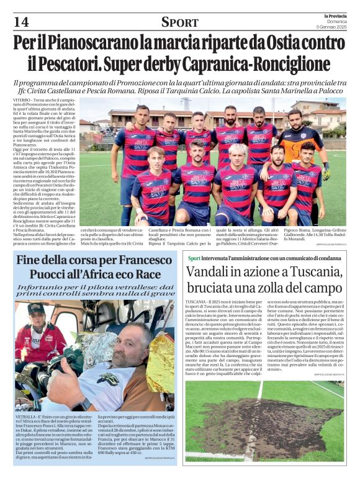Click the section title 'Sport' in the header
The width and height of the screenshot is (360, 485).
[x=180, y=22]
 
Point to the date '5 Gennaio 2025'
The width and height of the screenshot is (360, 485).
[x=331, y=27]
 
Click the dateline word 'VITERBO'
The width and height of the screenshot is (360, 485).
[x=24, y=100]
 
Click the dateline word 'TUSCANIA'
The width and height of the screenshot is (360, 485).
[x=197, y=301]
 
